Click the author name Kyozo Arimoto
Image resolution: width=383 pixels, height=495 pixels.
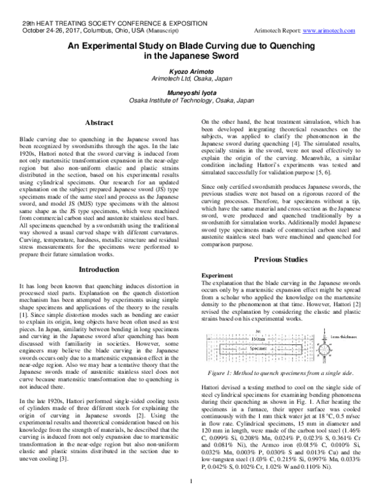(191, 72)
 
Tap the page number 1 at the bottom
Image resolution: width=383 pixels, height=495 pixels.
(191, 488)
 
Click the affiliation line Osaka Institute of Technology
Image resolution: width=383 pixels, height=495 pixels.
(191, 100)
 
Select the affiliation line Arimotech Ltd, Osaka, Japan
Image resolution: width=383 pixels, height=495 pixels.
(191, 80)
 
